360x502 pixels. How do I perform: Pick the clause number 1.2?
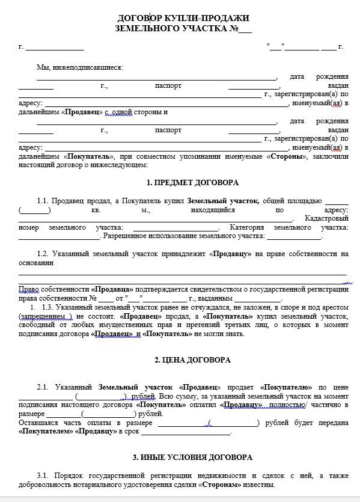42,254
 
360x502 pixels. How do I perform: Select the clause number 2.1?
42,388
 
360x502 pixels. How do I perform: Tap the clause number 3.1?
42,476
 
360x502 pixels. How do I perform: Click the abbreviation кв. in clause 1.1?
96,210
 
